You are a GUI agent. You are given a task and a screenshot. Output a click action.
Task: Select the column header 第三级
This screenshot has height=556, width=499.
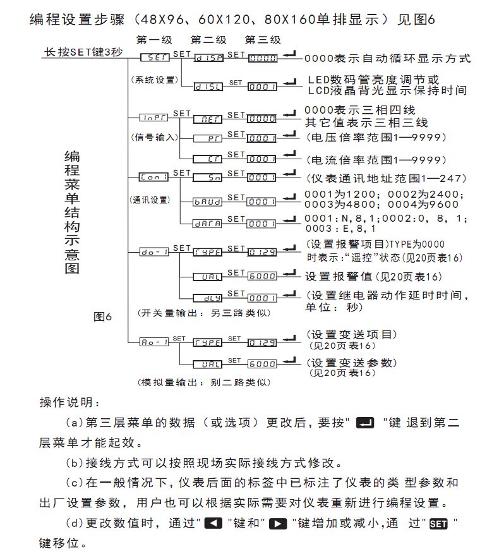click(263, 40)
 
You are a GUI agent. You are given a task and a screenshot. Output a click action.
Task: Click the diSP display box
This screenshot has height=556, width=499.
click(207, 58)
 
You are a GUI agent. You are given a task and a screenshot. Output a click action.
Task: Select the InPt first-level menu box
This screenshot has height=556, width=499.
click(153, 118)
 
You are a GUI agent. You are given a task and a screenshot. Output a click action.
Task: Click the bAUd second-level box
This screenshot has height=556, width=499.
click(207, 202)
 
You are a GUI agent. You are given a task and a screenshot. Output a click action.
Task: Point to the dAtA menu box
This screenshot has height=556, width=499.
click(207, 224)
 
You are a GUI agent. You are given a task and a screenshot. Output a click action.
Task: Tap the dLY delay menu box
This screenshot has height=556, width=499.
click(207, 298)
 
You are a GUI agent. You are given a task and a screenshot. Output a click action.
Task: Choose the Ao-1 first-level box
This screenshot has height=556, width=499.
click(153, 342)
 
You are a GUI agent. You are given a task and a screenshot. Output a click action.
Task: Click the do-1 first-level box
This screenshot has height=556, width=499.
click(153, 252)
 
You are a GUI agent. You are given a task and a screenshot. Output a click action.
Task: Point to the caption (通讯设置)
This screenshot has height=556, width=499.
click(150, 200)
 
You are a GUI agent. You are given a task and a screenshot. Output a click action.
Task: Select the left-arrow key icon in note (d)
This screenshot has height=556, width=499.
click(213, 523)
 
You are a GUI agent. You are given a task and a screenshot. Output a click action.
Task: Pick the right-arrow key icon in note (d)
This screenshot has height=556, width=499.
click(276, 523)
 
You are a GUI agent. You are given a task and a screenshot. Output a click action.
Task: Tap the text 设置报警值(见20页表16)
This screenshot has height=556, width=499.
click(373, 276)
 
